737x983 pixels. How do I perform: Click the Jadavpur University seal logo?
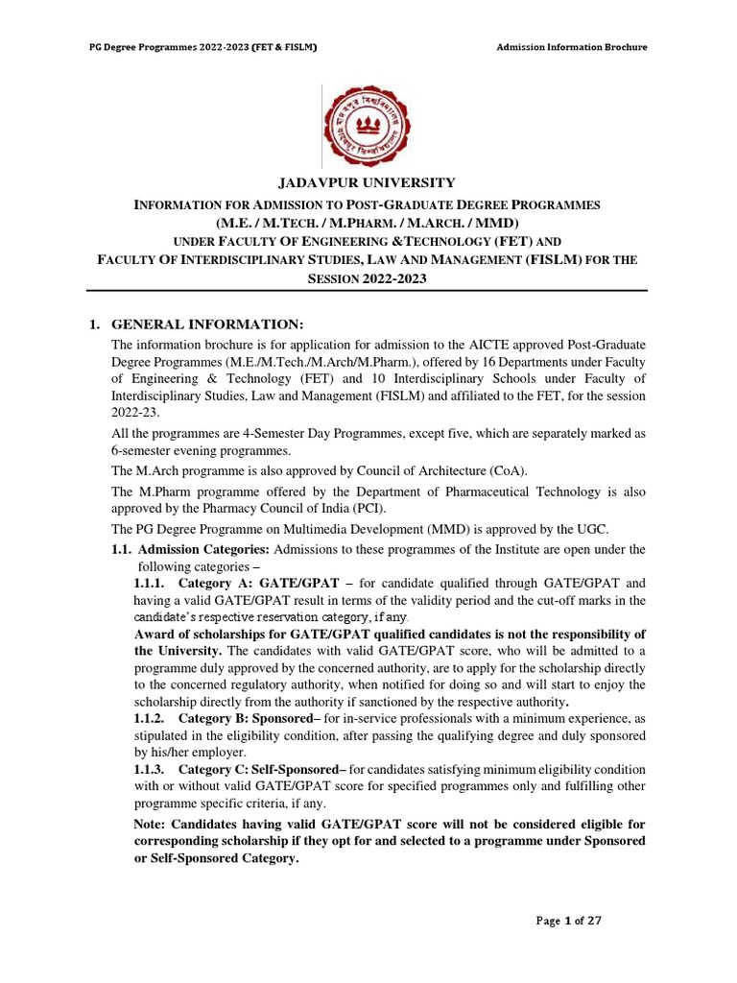(x=368, y=125)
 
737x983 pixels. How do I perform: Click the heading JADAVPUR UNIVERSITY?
(x=368, y=183)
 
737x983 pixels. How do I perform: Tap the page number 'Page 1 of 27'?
(x=569, y=921)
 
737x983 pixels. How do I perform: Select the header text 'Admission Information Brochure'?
(x=572, y=47)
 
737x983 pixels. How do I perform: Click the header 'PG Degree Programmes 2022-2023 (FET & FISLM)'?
(x=203, y=47)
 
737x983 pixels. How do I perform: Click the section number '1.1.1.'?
(x=149, y=583)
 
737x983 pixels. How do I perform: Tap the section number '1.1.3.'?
(x=149, y=770)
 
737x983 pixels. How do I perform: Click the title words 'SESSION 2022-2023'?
(x=368, y=278)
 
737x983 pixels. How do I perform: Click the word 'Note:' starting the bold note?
(x=152, y=825)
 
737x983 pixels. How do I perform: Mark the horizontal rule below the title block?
(x=368, y=291)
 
